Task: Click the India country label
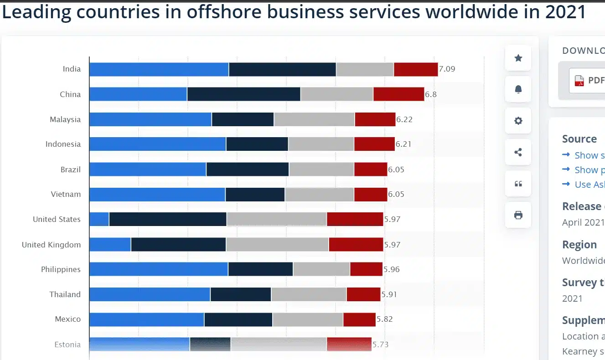[x=72, y=69]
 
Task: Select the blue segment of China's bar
[x=138, y=94]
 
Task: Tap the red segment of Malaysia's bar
[x=375, y=119]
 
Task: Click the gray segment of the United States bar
[x=276, y=219]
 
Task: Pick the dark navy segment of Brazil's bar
[x=247, y=170]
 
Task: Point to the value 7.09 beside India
[x=447, y=69]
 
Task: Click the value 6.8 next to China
[x=431, y=94]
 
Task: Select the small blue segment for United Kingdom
[x=110, y=244]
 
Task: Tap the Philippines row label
[x=61, y=269]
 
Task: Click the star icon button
[x=518, y=58]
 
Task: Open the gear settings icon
[x=518, y=121]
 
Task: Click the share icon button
[x=518, y=152]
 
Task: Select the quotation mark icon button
[x=518, y=184]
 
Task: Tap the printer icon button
[x=518, y=215]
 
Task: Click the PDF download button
[x=588, y=81]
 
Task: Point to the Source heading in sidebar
[x=579, y=139]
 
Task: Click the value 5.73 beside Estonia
[x=380, y=345]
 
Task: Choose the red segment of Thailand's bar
[x=363, y=294]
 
